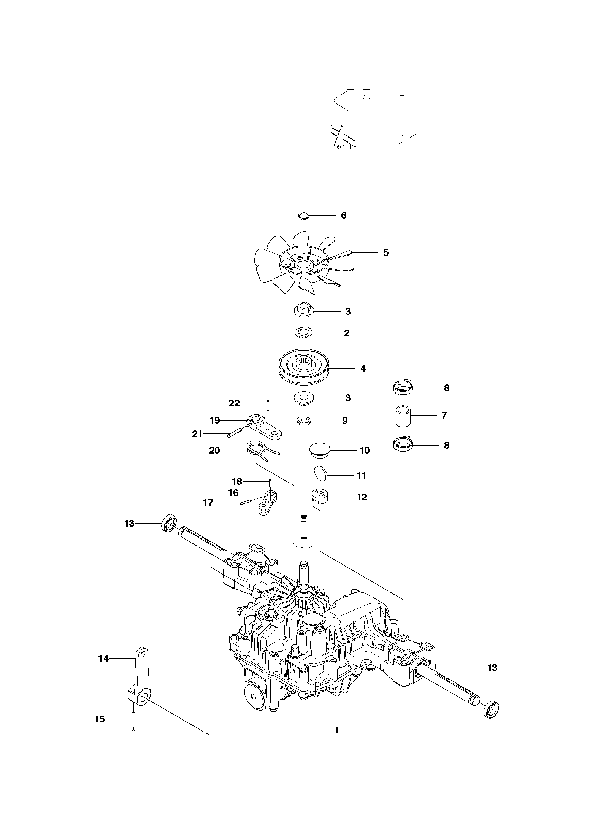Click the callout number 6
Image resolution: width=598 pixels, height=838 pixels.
[344, 216]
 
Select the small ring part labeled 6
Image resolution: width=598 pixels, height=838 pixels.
[304, 216]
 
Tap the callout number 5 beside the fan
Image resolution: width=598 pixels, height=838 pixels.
[386, 252]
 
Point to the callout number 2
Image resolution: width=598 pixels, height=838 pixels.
[347, 333]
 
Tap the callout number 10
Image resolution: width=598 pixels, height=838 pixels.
[365, 451]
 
